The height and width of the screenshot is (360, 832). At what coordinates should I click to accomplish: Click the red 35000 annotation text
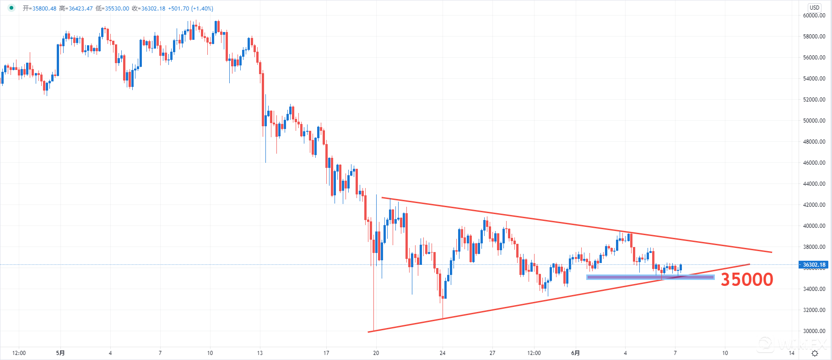[747, 279]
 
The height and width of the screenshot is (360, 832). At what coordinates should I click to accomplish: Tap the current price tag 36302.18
[814, 265]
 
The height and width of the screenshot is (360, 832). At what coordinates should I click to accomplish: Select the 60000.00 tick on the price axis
[814, 16]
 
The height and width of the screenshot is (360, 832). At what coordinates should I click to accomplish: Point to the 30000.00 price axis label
[814, 331]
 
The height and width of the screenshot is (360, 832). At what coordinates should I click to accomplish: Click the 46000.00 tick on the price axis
[814, 163]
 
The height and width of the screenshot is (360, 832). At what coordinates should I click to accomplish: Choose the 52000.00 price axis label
[814, 100]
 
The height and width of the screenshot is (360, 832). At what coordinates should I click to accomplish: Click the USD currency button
[815, 7]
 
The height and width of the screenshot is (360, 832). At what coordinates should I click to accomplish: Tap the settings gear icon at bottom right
[815, 353]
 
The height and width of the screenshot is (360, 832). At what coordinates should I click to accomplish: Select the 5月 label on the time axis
[60, 353]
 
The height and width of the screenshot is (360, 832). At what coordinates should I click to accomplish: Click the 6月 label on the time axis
[576, 353]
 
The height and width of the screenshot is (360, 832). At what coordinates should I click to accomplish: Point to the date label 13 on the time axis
[260, 353]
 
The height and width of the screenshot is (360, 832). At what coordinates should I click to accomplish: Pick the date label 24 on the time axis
[443, 353]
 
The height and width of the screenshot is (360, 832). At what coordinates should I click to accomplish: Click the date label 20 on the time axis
[376, 353]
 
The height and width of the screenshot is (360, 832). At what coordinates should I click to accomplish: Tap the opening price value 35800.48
[44, 9]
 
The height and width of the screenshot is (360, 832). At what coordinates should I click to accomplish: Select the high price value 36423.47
[81, 9]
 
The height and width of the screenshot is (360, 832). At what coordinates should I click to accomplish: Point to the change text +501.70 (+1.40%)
[190, 9]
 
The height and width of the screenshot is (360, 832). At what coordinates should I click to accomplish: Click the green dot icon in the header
[11, 8]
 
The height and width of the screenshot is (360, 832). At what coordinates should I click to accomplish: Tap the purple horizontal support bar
[650, 277]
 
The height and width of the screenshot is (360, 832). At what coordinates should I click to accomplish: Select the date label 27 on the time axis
[492, 353]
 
